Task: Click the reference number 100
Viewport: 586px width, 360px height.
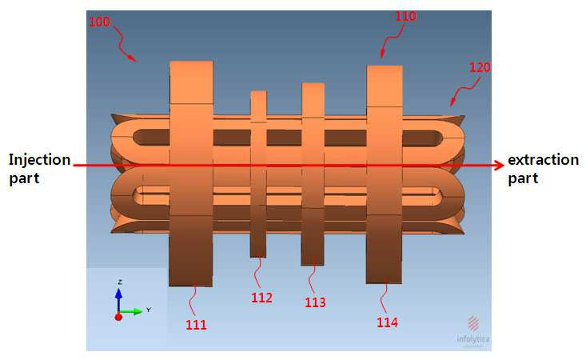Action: coord(99,22)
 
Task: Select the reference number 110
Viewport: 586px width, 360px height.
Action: coord(406,16)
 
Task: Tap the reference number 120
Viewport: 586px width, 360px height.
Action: coord(480,67)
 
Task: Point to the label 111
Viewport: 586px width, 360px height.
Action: coord(196,325)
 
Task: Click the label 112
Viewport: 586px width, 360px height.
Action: coord(261,298)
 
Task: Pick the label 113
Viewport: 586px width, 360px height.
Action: coord(315,302)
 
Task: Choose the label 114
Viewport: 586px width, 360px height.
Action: coord(387,322)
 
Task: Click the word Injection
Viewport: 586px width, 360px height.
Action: coord(40,160)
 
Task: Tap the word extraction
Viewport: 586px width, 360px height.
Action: coord(543,160)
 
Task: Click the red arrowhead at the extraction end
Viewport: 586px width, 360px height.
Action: coord(500,165)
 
